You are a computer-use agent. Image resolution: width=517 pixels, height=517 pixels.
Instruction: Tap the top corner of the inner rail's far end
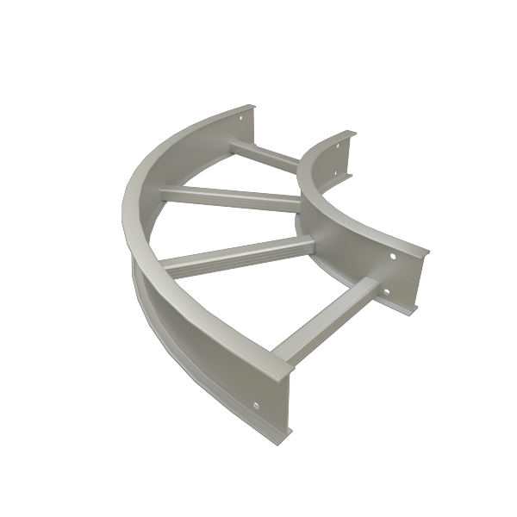click(353, 132)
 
